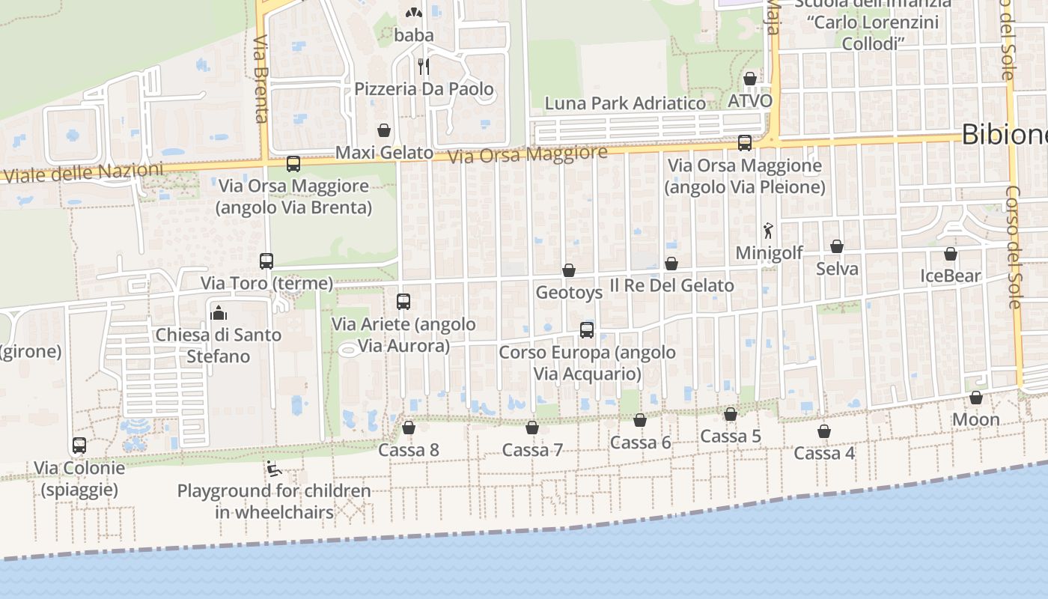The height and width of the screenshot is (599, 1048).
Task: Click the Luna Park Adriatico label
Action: point(625,103)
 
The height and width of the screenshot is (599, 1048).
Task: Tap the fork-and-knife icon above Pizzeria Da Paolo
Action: point(424,67)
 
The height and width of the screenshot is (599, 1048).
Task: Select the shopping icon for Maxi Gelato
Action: point(384,131)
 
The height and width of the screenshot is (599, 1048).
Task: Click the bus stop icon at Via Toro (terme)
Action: point(266,261)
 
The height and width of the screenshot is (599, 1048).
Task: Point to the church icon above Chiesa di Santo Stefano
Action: point(219,312)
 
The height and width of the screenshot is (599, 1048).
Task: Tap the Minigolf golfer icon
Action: point(768,231)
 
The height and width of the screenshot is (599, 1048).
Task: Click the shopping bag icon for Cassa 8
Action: point(409,428)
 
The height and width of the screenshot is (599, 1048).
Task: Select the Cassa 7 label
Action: point(532,450)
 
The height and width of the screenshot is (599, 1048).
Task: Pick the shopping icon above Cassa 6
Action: point(640,420)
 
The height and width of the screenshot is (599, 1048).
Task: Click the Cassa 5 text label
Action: point(731,437)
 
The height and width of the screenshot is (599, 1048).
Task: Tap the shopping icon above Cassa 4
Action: point(824,431)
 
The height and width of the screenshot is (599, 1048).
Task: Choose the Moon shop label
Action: point(975,419)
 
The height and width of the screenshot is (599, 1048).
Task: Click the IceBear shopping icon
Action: point(951,254)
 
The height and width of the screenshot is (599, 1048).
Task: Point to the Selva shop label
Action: point(837,269)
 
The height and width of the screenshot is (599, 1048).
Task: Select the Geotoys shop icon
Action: point(569,270)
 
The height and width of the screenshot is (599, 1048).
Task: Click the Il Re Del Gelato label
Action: point(671,285)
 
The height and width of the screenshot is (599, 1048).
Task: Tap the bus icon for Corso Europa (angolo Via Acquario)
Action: point(587,330)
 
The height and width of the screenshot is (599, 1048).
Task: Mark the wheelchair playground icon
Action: point(274,469)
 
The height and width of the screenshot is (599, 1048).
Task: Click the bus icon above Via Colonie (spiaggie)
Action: point(79,446)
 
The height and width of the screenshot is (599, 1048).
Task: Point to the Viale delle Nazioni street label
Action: point(82,173)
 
